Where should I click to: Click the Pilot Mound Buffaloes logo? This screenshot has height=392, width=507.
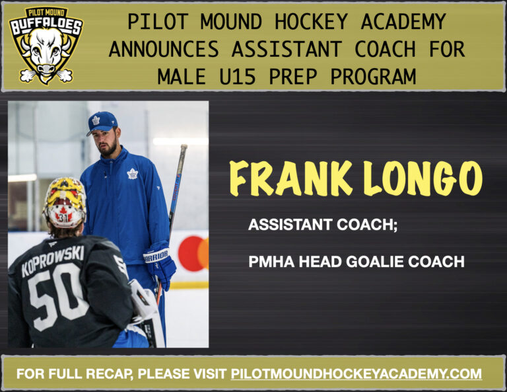point(46,44)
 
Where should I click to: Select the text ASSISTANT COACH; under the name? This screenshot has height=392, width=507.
point(322,225)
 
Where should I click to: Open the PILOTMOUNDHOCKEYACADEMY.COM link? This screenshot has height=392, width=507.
point(356,373)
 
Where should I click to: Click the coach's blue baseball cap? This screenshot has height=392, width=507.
point(102,122)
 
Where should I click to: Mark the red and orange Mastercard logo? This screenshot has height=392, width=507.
point(193,253)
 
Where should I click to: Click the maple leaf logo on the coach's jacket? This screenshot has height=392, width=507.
point(131,174)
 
